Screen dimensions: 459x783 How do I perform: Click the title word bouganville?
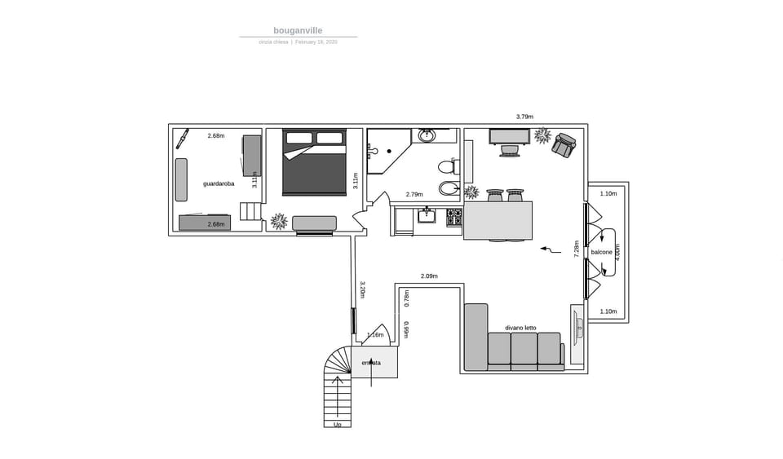[298, 31]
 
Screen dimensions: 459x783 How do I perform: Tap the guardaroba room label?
[219, 184]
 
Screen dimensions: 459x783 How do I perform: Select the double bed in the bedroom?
[314, 163]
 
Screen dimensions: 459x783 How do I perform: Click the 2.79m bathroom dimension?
[414, 195]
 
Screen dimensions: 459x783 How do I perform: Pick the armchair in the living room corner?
[564, 145]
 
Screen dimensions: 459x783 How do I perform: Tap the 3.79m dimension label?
[524, 117]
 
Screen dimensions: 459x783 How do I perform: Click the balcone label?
[601, 253]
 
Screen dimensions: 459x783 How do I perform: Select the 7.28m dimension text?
[577, 249]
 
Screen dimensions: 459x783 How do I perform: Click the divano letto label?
[520, 328]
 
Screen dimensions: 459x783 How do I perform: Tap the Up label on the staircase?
[338, 425]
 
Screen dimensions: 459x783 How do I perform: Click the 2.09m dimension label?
[429, 276]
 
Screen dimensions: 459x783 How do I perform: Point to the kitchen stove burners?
[453, 218]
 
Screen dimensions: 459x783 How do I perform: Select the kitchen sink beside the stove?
[427, 216]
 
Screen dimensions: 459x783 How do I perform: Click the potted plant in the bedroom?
[279, 221]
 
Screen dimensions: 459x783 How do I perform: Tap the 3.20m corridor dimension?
[361, 290]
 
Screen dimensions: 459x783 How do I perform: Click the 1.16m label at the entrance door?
[375, 335]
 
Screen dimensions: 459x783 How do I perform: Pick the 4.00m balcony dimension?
[617, 252]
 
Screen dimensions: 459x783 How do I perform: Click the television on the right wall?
[577, 326]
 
